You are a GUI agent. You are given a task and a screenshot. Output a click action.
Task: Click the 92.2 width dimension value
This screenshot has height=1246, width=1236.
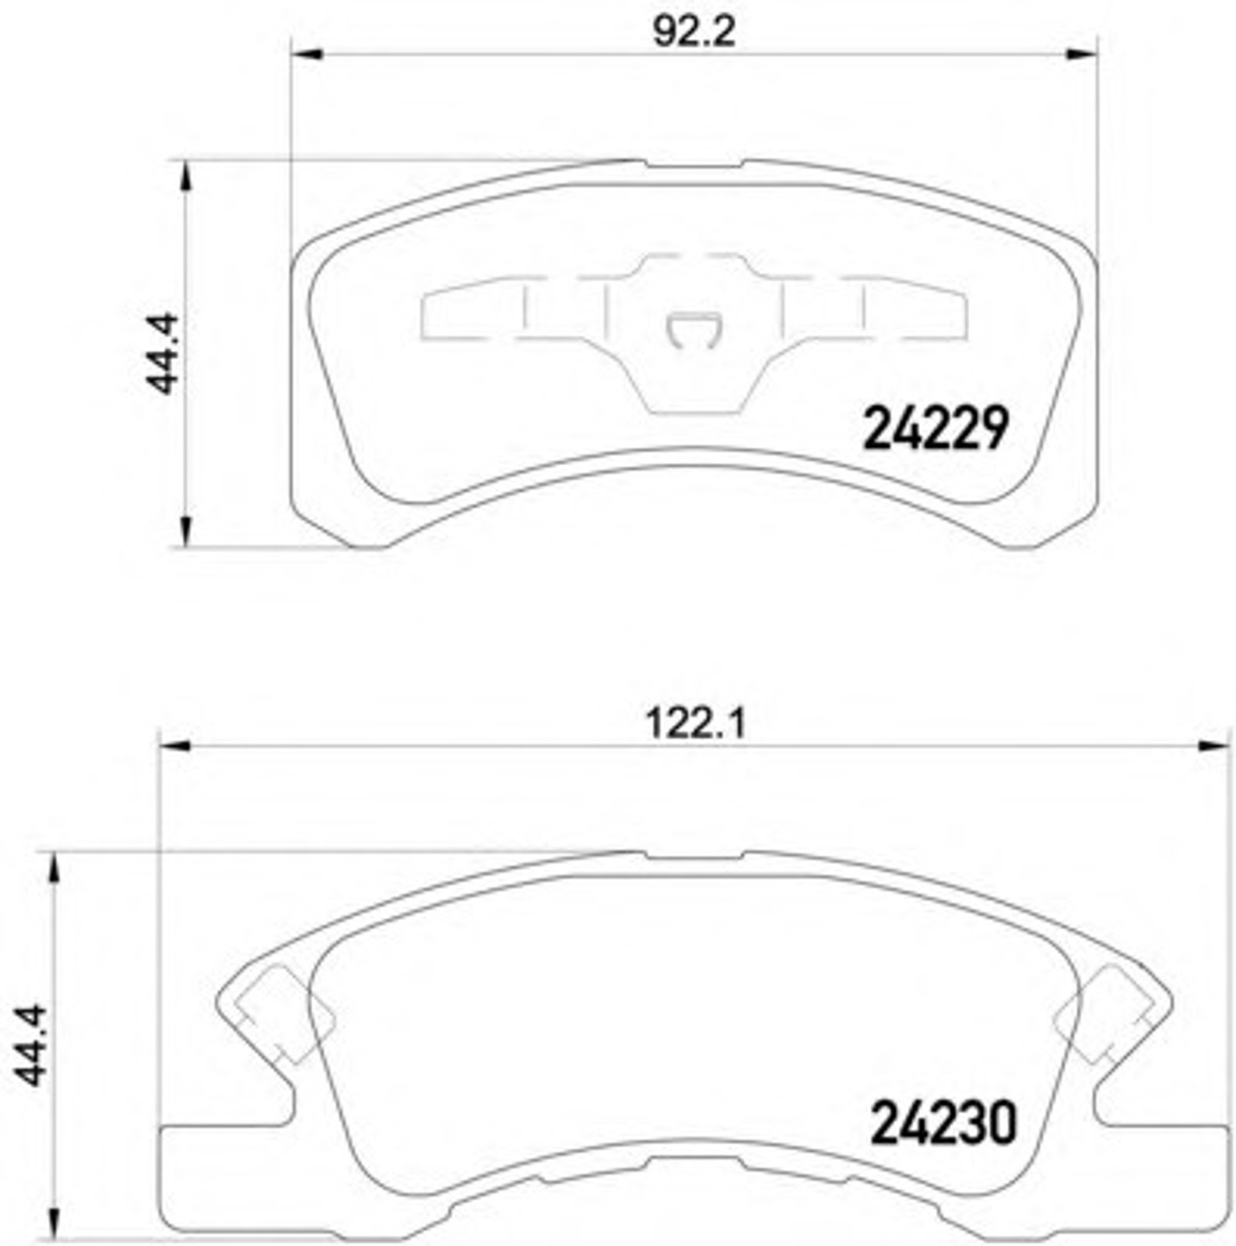693,33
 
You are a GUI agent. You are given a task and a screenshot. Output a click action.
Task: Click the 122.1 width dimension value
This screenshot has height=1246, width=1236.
696,724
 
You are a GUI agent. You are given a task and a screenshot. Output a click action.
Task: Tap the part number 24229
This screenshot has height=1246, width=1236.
936,428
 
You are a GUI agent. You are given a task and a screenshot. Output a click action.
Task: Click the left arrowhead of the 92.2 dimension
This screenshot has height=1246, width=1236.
306,55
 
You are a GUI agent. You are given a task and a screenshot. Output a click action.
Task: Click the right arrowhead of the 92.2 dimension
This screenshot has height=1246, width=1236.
1081,55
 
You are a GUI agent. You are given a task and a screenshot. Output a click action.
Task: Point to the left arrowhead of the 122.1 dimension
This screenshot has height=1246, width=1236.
174,746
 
